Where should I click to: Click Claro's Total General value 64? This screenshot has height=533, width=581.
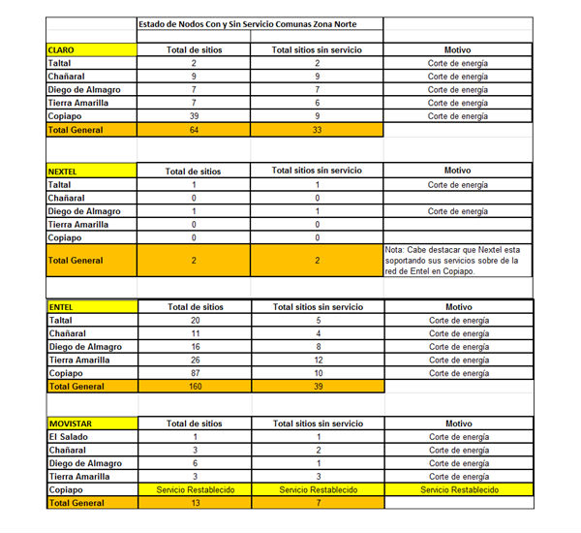194,129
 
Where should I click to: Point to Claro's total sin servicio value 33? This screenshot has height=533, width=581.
318,129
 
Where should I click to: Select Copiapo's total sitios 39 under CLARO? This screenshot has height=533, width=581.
194,115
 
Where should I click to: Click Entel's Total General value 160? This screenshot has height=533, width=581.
194,387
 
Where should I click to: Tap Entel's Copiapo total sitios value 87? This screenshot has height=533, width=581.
194,373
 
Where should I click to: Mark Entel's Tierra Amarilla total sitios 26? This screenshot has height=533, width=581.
194,360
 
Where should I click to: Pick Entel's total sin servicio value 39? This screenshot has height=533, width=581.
318,387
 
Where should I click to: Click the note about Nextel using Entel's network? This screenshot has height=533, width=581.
457,260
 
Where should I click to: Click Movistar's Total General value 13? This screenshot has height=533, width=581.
194,503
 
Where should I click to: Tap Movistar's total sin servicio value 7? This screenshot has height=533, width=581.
318,503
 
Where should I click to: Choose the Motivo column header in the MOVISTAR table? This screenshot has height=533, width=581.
458,423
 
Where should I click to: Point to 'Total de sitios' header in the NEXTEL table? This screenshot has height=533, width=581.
194,172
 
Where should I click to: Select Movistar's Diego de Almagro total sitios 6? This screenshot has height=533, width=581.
194,463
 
